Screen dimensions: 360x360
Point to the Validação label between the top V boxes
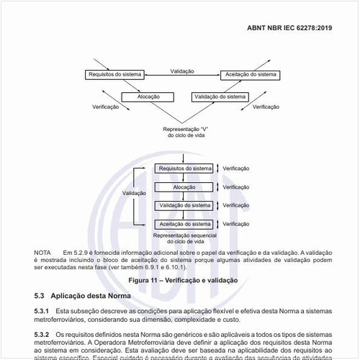point(183,71)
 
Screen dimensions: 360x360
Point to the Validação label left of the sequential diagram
point(134,193)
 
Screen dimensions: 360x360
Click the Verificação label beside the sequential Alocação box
point(235,186)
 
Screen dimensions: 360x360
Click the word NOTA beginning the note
point(42,253)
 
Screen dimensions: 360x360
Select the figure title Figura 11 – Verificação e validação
point(182,279)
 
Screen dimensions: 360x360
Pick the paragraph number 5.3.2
point(42,335)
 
